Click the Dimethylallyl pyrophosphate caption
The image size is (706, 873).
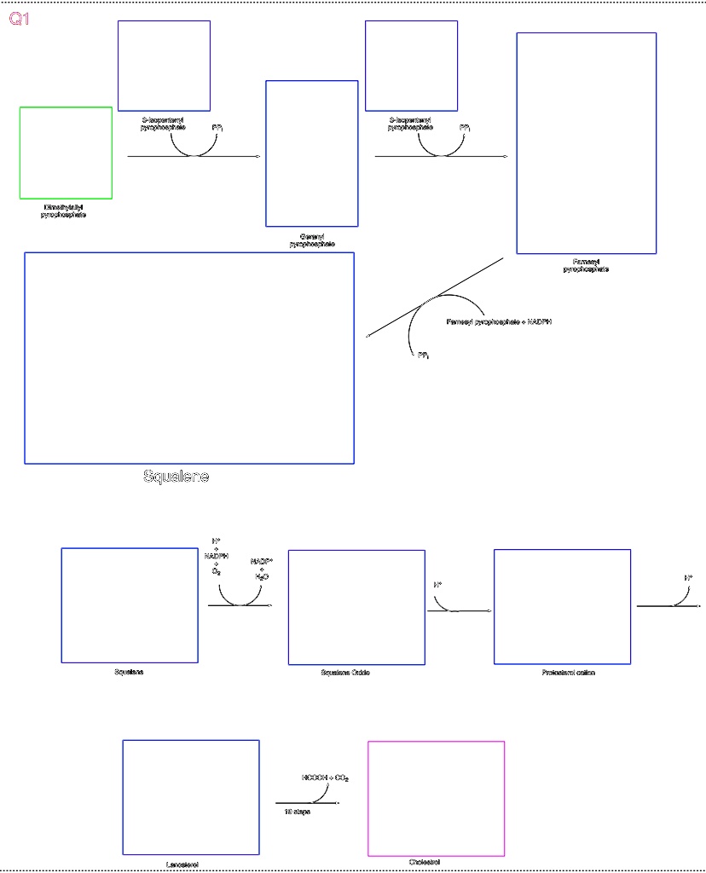click(x=64, y=211)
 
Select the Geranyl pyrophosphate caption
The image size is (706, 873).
click(x=312, y=240)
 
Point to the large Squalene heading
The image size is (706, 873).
click(x=176, y=477)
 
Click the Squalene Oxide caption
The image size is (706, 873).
click(x=345, y=673)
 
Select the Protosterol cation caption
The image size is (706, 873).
click(x=569, y=673)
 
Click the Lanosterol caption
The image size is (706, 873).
click(x=182, y=864)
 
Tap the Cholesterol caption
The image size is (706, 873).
click(x=425, y=862)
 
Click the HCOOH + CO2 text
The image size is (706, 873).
click(x=325, y=778)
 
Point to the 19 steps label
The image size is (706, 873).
click(x=298, y=812)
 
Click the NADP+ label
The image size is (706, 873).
click(x=261, y=561)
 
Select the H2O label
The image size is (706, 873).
click(x=262, y=577)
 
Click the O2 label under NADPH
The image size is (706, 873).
click(x=217, y=572)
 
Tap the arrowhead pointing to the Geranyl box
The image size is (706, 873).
click(x=258, y=157)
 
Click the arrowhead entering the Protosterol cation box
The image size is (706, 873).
click(x=489, y=611)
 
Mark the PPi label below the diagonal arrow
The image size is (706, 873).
click(x=423, y=356)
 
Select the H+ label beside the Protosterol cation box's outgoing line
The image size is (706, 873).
click(x=688, y=577)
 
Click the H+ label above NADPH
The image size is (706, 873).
click(x=217, y=541)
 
